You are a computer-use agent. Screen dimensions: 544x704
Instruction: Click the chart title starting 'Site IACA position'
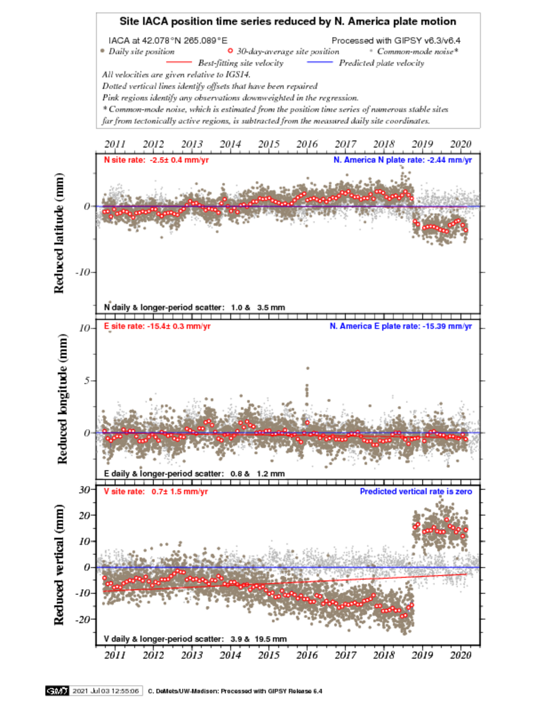point(288,21)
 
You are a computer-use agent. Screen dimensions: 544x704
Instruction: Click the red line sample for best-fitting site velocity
point(178,62)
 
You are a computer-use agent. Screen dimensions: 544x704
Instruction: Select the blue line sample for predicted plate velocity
point(319,62)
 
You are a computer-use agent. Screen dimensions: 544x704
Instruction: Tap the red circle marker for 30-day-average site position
point(231,51)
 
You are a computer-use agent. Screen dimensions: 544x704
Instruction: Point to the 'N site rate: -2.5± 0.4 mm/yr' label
point(156,160)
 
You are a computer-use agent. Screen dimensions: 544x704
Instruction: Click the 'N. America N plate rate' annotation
point(402,160)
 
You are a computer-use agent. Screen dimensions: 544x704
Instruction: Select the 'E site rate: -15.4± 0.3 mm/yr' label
point(157,326)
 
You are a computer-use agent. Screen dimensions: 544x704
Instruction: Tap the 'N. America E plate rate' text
point(401,326)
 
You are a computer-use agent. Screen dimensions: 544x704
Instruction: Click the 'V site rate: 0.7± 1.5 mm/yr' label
point(156,491)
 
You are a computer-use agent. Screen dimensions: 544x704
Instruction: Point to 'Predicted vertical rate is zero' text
point(416,491)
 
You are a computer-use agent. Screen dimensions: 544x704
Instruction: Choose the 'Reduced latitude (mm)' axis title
point(59,233)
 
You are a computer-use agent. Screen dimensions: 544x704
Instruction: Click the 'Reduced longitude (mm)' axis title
point(62,399)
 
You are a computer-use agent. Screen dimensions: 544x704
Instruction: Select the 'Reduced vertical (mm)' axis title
point(59,564)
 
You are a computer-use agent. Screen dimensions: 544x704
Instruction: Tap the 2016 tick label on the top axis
point(307,144)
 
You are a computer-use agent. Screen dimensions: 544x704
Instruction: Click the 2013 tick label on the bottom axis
point(191,655)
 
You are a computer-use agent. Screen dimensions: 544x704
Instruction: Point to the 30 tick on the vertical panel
point(84,489)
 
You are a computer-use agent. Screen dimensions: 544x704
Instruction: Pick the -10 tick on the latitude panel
point(82,272)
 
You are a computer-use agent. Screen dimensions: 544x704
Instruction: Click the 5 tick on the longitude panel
point(87,380)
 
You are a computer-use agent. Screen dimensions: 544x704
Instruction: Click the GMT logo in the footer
point(56,690)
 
